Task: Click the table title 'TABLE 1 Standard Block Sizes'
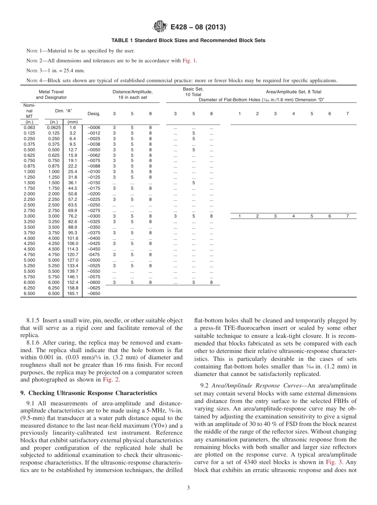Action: pyautogui.click(x=188, y=40)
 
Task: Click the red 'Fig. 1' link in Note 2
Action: pyautogui.click(x=189, y=61)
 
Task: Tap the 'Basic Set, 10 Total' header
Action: pyautogui.click(x=193, y=92)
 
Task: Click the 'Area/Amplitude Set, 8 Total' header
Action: pyautogui.click(x=293, y=92)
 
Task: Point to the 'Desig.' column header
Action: pyautogui.click(x=94, y=114)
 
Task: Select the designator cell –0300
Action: pyautogui.click(x=94, y=216)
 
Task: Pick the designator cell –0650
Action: pyautogui.click(x=94, y=294)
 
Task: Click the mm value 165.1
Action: pyautogui.click(x=73, y=294)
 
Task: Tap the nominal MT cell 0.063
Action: pyautogui.click(x=29, y=127)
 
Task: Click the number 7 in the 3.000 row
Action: pyautogui.click(x=347, y=216)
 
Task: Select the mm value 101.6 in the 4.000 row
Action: pyautogui.click(x=73, y=238)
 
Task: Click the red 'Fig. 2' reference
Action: pyautogui.click(x=111, y=380)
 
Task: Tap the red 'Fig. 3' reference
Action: pyautogui.click(x=331, y=462)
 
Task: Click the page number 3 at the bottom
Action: pyautogui.click(x=188, y=488)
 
